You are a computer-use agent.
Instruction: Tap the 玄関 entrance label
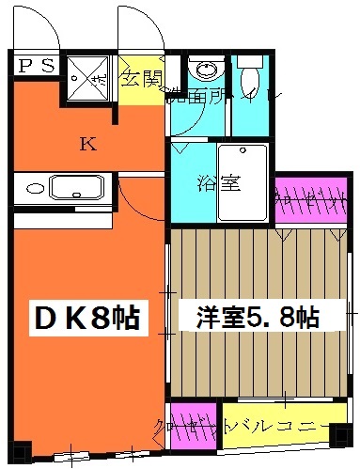(x=140, y=76)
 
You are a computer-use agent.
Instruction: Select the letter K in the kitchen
(x=86, y=144)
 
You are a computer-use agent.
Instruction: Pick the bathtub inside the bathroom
(x=243, y=182)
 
